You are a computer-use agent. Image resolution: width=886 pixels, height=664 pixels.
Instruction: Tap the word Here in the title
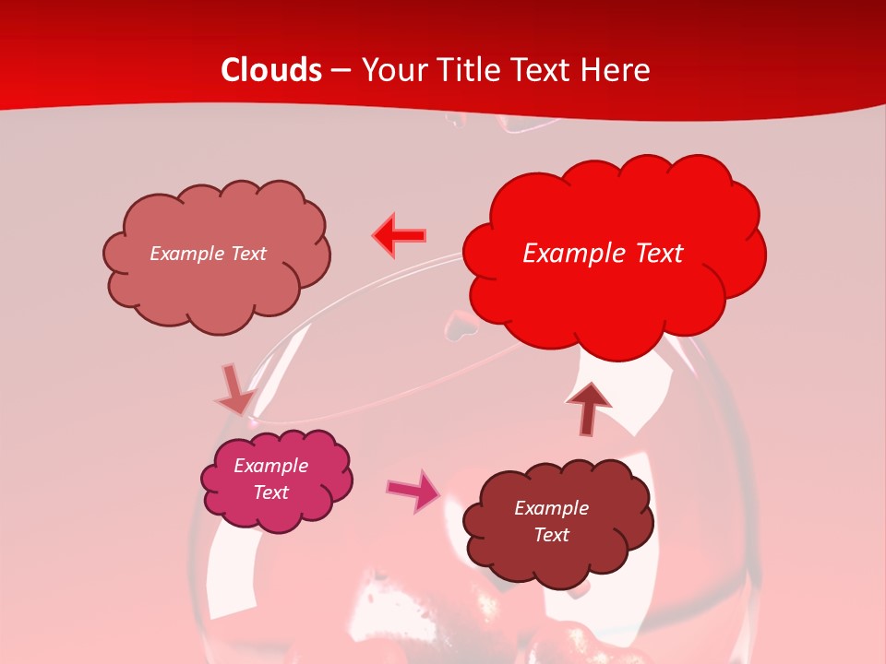tap(615, 70)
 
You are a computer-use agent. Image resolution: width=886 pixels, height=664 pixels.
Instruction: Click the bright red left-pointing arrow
tap(401, 236)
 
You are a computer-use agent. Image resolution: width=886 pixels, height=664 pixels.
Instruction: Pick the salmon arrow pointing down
tap(234, 390)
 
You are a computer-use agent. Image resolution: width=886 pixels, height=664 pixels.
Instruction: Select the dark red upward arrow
tap(588, 407)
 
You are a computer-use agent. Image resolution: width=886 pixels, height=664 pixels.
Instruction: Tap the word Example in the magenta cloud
tap(271, 466)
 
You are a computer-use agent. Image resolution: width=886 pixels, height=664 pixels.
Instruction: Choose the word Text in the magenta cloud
tap(271, 492)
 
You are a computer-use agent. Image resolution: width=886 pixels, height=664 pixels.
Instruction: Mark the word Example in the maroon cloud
tap(551, 508)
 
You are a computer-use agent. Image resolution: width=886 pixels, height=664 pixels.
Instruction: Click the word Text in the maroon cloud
tap(551, 535)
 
